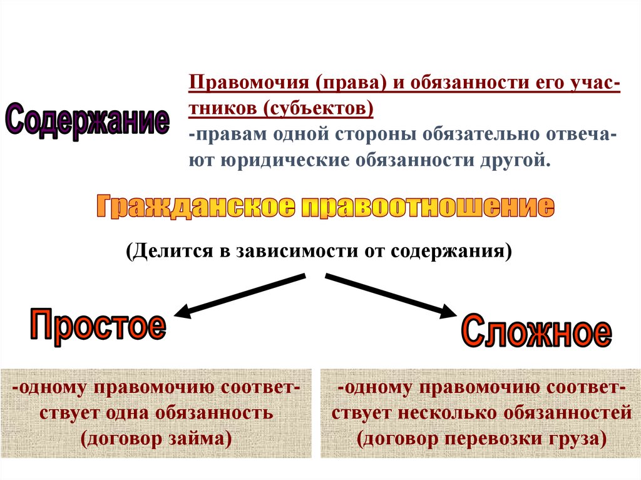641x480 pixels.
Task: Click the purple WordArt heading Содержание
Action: [87, 120]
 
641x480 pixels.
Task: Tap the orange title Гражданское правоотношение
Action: [324, 207]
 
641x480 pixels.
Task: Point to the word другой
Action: [518, 161]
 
